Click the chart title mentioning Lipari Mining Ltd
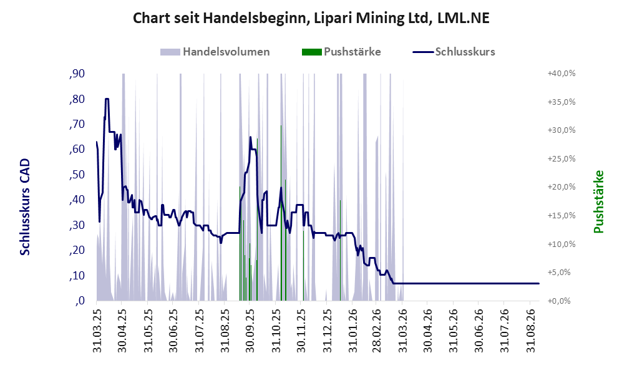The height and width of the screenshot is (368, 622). click(x=311, y=18)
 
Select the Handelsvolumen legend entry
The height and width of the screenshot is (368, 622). click(x=215, y=52)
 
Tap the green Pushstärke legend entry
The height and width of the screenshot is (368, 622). click(x=341, y=52)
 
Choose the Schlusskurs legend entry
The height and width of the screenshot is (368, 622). click(x=454, y=52)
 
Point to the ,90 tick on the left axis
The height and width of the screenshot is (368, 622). click(x=77, y=74)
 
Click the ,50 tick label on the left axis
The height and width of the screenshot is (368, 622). click(x=77, y=175)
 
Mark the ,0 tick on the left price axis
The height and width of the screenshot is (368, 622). click(x=80, y=301)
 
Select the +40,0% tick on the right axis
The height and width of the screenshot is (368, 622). click(x=561, y=74)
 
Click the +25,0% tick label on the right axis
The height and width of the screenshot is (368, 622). click(x=561, y=158)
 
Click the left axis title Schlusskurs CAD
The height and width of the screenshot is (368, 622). click(x=25, y=206)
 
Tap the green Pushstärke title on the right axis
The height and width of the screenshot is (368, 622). click(x=598, y=201)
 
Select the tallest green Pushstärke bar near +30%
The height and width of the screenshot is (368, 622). click(x=281, y=213)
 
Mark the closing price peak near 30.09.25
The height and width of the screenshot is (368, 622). click(x=250, y=137)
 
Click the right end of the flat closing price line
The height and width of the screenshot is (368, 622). click(x=539, y=284)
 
